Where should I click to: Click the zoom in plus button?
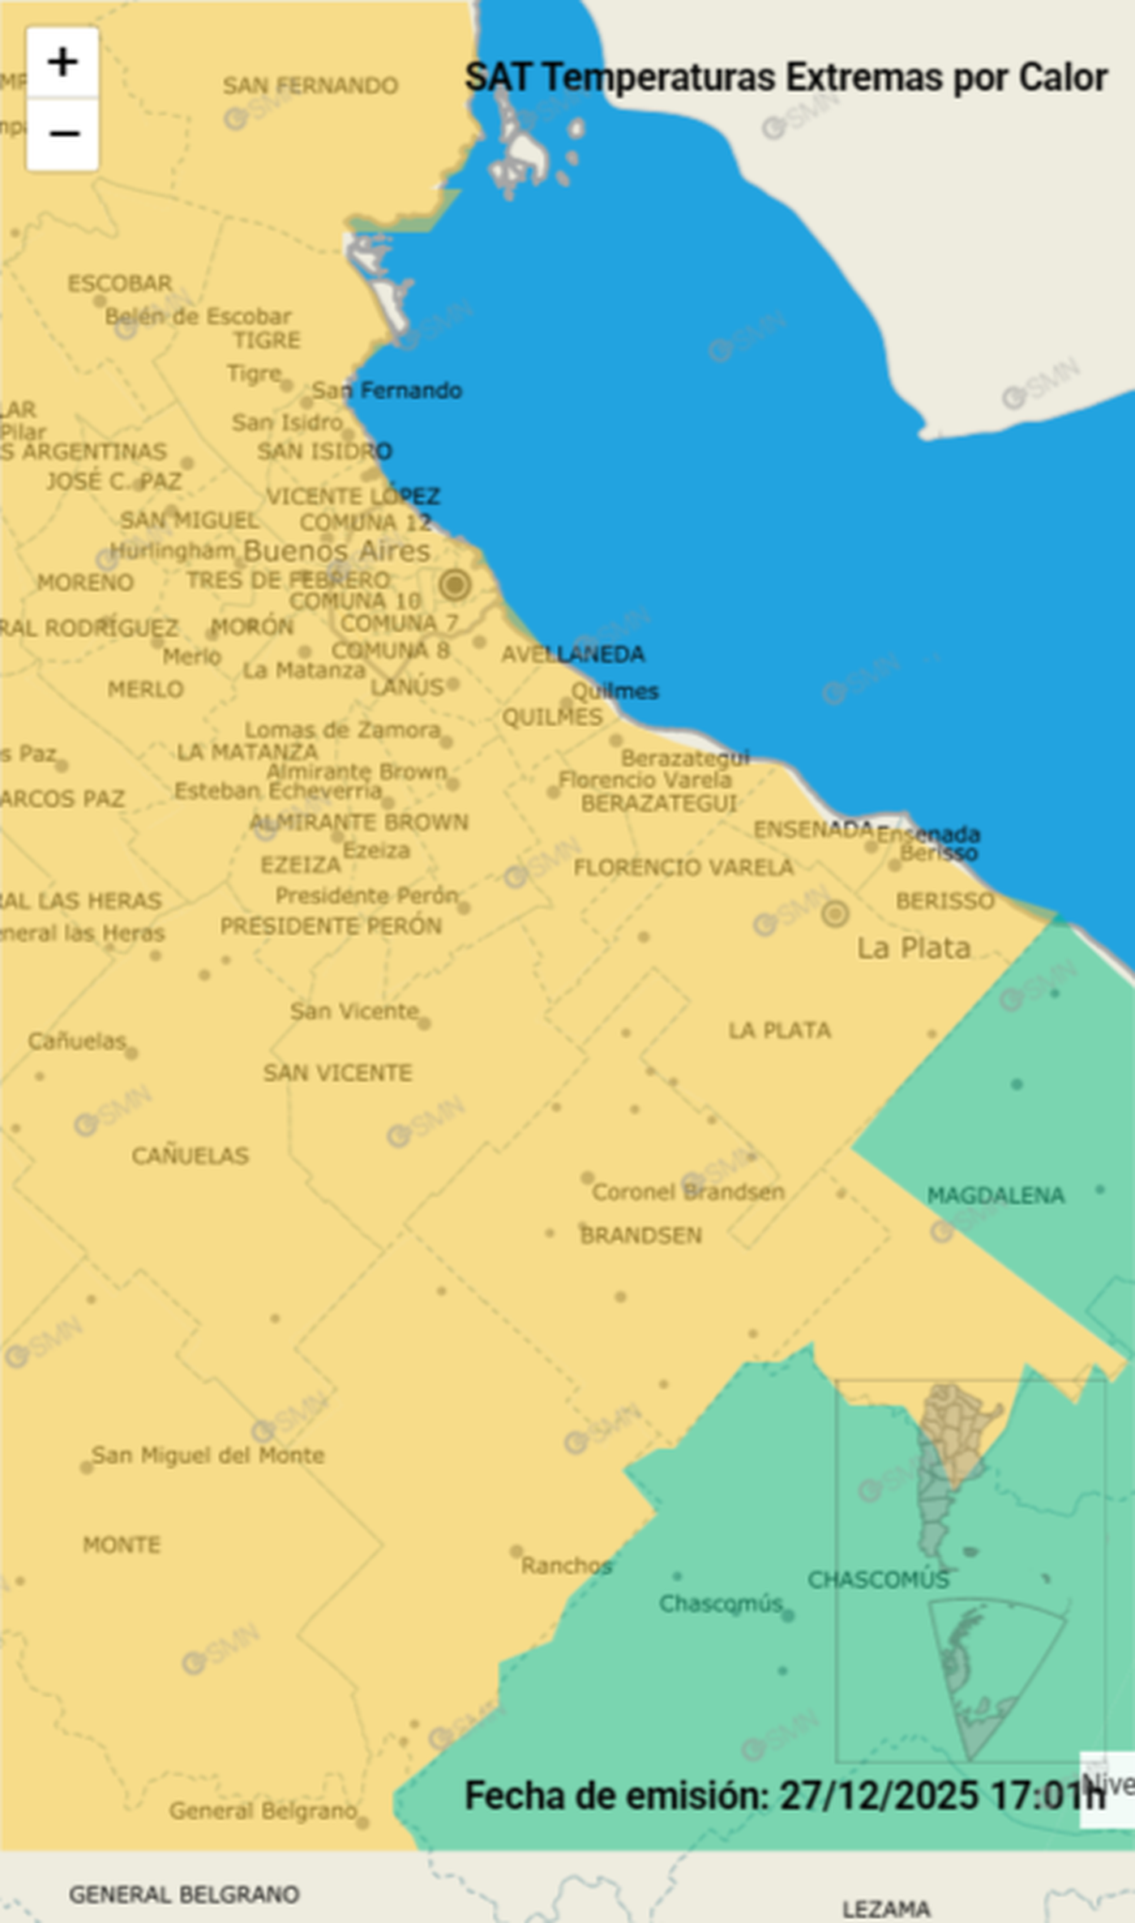click(x=62, y=62)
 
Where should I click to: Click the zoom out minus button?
click(x=62, y=134)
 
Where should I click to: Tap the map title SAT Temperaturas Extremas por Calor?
click(x=786, y=79)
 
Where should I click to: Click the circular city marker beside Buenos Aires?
click(x=455, y=583)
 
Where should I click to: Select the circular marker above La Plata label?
click(x=835, y=913)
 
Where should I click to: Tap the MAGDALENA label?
click(x=996, y=1195)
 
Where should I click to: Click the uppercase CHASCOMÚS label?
click(x=878, y=1579)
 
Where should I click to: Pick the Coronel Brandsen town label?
click(x=688, y=1192)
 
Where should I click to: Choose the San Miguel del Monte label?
click(x=208, y=1455)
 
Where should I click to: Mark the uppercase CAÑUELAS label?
click(x=191, y=1156)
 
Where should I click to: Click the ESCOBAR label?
click(x=120, y=284)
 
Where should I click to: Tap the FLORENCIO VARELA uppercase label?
click(x=683, y=868)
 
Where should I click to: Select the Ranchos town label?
click(x=566, y=1566)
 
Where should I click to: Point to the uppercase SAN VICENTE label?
click(x=338, y=1073)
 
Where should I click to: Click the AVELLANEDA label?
click(x=573, y=654)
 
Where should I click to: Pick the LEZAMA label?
click(x=886, y=1909)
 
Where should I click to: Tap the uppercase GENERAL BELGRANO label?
click(x=184, y=1895)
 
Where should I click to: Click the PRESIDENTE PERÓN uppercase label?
click(x=332, y=926)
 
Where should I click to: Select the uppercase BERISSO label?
click(x=945, y=901)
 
